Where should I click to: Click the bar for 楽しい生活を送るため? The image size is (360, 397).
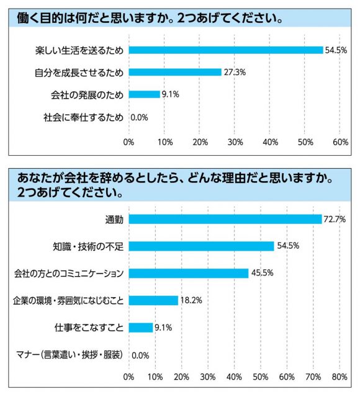coord(226,50)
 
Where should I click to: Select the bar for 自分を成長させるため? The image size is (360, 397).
coord(175,72)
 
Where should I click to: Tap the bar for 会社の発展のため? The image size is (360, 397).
coord(144,94)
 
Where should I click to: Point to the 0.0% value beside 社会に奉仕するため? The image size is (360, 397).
coord(139,117)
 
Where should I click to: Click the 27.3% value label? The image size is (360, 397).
coord(235,73)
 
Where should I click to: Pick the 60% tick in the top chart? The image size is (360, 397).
coord(340,142)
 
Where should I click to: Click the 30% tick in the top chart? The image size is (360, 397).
coord(235,142)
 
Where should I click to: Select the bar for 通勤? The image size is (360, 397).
coord(225,219)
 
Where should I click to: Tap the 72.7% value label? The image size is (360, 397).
coord(335,219)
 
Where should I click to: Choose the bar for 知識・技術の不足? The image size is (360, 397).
coord(201,246)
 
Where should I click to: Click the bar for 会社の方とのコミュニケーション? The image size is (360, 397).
coord(189,273)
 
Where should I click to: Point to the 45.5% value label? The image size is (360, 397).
coord(262,273)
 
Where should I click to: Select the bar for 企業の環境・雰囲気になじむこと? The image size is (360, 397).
coord(153,300)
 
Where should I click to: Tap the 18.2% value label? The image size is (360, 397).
coord(191,300)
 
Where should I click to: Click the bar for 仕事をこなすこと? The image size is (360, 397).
coord(141,328)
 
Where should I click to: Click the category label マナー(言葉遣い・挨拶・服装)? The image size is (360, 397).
coord(70,355)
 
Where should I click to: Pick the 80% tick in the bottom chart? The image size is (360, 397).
coord(340,377)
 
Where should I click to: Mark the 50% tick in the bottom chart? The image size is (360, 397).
coord(261,377)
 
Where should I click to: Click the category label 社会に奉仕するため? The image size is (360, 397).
coord(83,117)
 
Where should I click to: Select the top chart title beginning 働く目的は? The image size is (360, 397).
coord(150,18)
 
